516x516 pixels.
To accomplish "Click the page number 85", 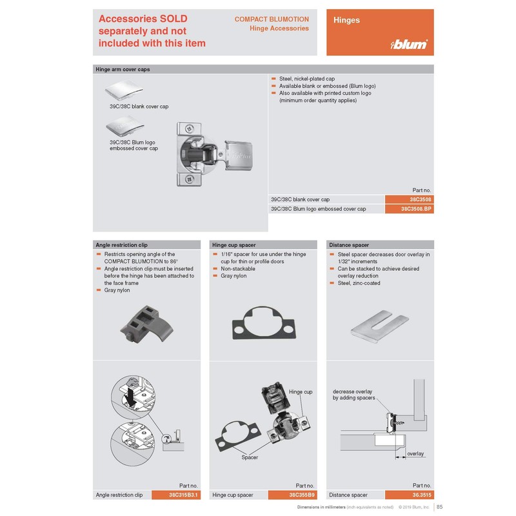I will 439,507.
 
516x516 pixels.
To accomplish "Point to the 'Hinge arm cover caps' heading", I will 123,69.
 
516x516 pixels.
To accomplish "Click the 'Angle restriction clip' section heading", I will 121,245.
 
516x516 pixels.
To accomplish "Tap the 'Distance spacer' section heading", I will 349,245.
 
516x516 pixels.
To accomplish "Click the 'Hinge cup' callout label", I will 300,392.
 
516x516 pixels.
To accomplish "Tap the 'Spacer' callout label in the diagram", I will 250,457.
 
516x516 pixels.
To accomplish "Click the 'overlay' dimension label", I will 415,454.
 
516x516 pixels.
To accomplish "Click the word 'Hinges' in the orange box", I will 346,20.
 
